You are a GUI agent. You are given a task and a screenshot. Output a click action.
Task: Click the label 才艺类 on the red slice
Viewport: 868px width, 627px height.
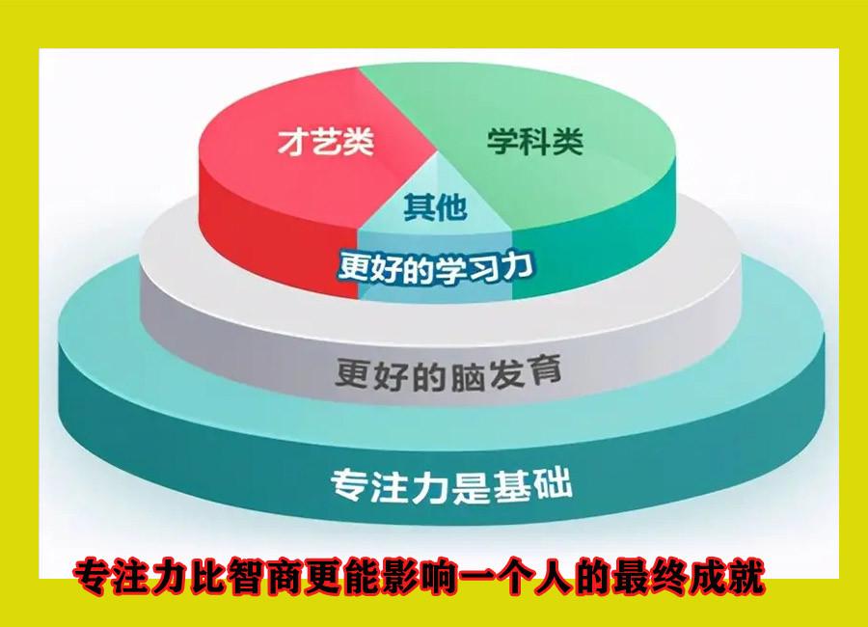326,142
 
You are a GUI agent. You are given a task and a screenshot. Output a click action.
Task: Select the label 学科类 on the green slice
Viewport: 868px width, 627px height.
535,141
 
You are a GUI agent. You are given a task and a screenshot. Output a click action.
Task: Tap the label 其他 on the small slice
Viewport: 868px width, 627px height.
435,207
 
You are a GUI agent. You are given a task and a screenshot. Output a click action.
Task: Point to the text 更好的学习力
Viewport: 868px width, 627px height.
436,268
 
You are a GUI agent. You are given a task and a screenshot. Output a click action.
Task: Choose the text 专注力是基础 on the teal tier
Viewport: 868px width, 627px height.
451,486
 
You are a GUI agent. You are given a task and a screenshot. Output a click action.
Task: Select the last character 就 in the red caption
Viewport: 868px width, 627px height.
746,577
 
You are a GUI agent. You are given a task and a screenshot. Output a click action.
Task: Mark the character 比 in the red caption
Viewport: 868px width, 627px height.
210,577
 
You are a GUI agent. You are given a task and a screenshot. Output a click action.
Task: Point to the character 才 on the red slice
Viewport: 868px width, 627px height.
293,142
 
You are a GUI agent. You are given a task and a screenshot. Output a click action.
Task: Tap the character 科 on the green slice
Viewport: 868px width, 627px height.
535,141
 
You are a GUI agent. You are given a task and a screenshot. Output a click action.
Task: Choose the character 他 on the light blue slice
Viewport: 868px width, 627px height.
451,207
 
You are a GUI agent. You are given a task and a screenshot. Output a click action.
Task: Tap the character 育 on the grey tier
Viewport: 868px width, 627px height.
545,370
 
